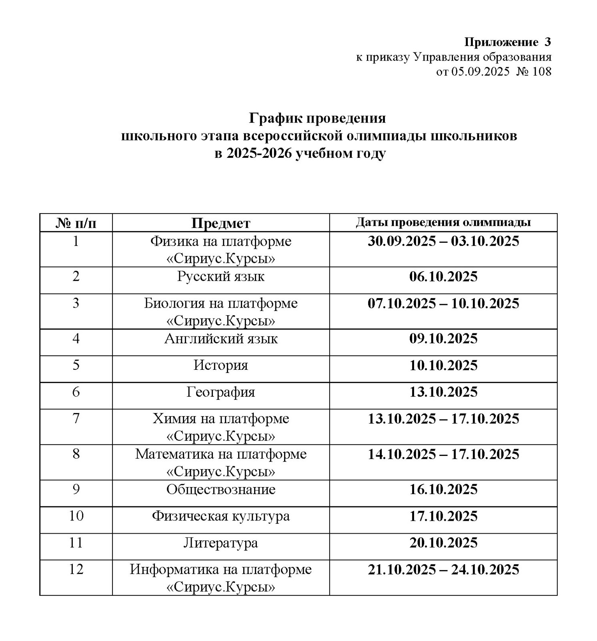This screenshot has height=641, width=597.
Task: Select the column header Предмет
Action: tap(220, 223)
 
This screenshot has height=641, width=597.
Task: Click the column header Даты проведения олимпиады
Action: tap(443, 223)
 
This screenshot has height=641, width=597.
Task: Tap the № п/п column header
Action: tap(76, 223)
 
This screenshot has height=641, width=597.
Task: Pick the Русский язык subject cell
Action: tap(220, 277)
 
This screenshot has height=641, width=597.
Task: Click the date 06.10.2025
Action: tap(443, 277)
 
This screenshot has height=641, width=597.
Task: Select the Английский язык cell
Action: tap(220, 339)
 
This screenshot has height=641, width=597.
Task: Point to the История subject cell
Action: tap(220, 365)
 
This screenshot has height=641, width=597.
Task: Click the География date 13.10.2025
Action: tap(443, 392)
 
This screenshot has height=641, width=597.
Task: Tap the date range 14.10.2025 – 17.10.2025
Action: tap(443, 454)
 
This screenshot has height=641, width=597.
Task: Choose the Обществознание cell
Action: tap(220, 490)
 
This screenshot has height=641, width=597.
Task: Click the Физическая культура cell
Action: tap(220, 516)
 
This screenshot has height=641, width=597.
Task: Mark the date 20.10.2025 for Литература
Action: tap(443, 543)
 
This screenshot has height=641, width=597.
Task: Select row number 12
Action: tap(76, 569)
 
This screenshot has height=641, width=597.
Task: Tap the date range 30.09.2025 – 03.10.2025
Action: tap(443, 241)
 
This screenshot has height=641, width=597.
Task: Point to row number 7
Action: tap(76, 418)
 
